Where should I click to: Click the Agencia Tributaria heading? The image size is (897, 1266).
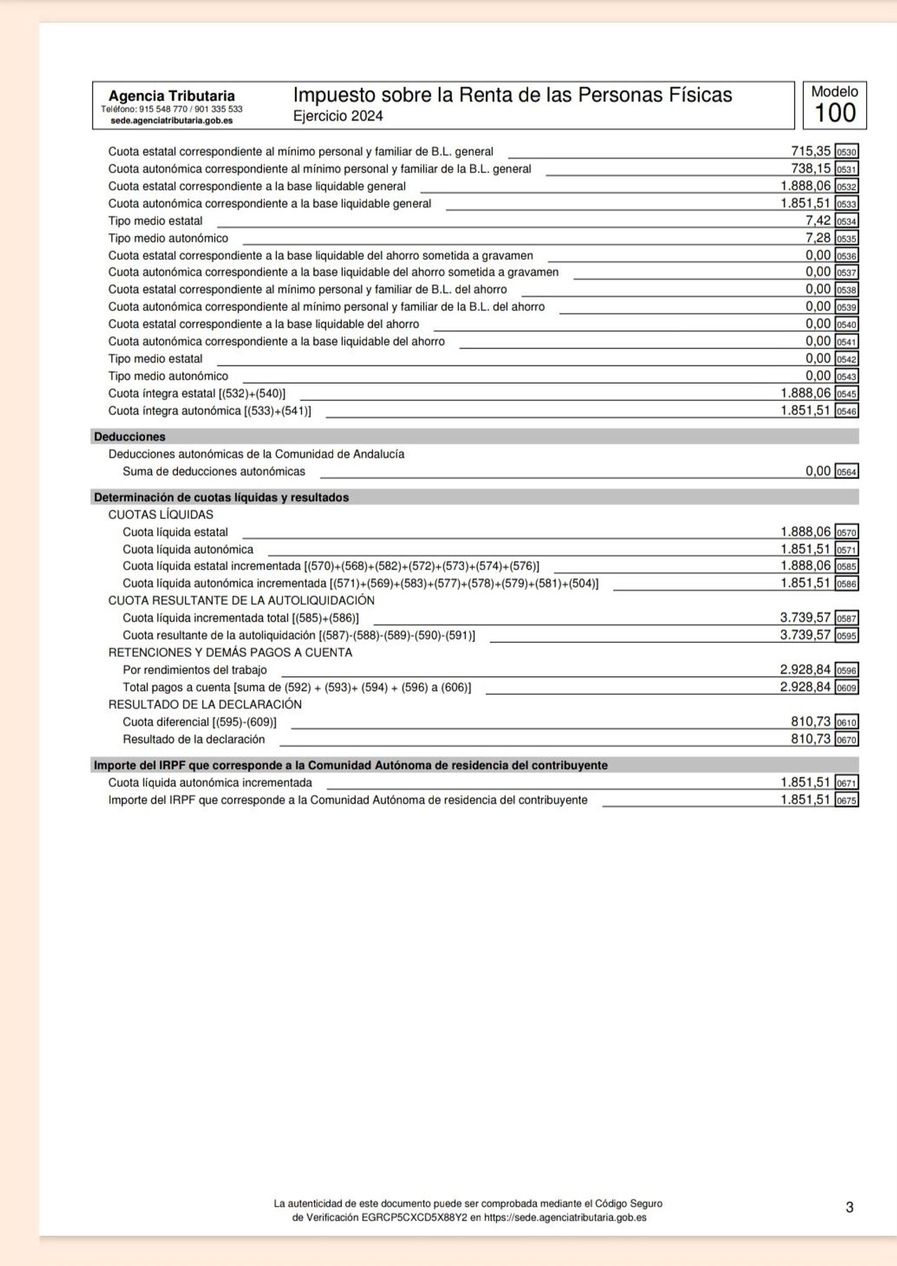172,96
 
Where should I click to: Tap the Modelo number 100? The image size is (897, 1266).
835,113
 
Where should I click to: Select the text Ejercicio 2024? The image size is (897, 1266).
338,116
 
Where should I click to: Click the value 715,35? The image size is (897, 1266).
811,151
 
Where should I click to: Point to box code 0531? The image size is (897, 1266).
847,170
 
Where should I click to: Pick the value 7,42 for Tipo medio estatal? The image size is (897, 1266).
818,221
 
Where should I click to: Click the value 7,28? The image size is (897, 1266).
818,238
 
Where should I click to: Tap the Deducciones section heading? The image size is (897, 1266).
130,437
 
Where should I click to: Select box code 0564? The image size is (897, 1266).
847,472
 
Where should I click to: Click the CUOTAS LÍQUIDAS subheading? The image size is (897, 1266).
160,515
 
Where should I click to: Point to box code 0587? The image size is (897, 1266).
847,619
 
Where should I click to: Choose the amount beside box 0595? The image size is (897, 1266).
805,635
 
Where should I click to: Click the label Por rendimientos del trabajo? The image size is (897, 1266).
195,670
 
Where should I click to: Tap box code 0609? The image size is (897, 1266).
847,688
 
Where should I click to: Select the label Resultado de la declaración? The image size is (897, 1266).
194,740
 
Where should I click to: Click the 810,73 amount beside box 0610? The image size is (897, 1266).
811,722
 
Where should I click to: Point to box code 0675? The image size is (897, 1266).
847,801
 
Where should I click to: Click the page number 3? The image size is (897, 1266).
849,1207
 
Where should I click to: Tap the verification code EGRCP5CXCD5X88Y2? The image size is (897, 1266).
414,1218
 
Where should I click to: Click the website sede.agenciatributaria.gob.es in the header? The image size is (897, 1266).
172,121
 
